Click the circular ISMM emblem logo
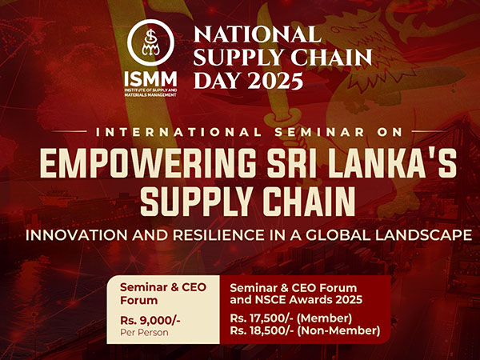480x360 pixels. coord(150,43)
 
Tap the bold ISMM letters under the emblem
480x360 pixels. coord(150,79)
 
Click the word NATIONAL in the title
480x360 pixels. coord(258,34)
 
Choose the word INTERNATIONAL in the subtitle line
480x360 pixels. coord(178,132)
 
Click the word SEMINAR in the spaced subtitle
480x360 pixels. coord(319,132)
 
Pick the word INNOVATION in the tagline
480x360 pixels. coord(77,235)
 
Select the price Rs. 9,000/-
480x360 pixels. coord(150,321)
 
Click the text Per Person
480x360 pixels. coord(144,333)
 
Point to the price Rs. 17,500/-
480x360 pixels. coord(262,318)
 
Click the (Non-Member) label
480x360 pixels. coord(338,330)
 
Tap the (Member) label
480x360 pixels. coord(325,318)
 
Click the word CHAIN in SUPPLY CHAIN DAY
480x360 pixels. coord(331,58)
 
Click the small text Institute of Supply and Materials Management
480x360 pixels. coord(150,93)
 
